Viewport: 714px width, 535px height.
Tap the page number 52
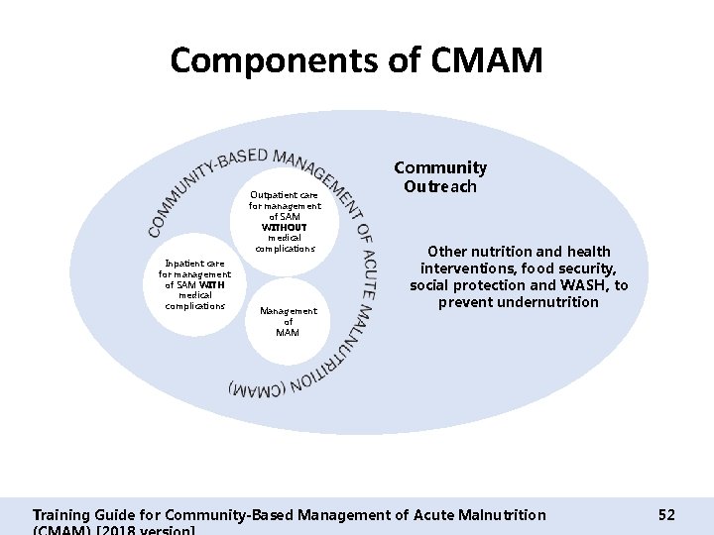tap(666, 514)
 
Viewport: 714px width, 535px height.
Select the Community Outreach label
tap(440, 177)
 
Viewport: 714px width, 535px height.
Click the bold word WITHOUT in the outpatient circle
tap(285, 227)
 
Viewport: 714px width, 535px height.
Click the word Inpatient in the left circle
tap(179, 264)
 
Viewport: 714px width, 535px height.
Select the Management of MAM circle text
tap(288, 321)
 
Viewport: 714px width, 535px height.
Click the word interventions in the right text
tap(466, 268)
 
